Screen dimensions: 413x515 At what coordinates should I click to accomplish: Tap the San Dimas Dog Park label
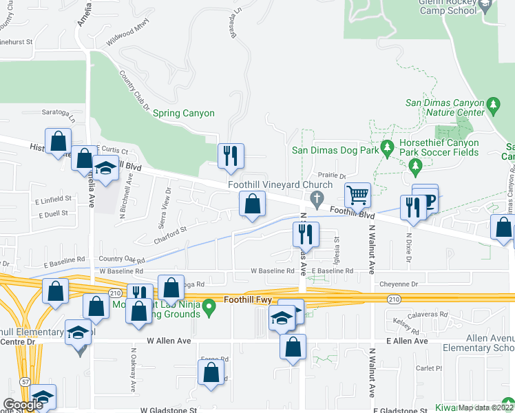[x=326, y=149]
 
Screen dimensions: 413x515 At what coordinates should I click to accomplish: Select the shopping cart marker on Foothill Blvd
[x=358, y=195]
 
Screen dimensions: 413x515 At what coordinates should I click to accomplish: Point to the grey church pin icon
[x=317, y=200]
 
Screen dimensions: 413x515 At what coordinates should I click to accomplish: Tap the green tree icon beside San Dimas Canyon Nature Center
[x=492, y=105]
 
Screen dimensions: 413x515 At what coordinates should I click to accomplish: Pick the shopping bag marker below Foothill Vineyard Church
[x=253, y=204]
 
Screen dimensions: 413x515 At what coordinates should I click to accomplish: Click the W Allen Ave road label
[x=169, y=341]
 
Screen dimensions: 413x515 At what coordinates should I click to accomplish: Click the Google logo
[x=23, y=405]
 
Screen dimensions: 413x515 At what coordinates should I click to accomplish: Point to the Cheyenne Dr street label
[x=399, y=284]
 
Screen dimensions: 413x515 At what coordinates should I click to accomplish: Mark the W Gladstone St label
[x=169, y=410]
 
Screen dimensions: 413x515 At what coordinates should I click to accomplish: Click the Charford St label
[x=170, y=231]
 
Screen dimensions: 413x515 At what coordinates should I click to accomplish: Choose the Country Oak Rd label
[x=121, y=260]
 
